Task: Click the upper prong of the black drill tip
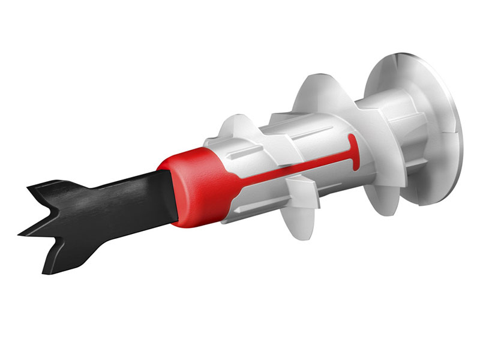[x=36, y=193]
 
